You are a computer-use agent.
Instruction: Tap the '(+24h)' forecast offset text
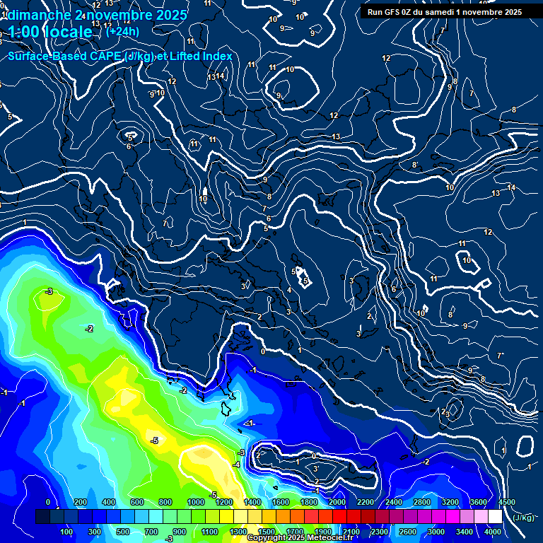122,31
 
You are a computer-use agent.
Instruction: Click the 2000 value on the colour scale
337,502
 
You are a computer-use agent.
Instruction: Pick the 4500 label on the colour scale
506,502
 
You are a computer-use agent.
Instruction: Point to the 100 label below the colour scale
66,531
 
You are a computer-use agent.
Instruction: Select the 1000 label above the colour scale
196,502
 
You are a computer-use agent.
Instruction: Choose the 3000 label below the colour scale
436,531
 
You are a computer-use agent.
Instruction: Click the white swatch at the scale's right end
494,517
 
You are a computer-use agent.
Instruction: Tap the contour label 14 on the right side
511,187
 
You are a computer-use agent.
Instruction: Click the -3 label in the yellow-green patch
49,291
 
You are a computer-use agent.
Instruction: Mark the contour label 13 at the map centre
336,136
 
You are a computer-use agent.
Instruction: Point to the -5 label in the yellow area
154,440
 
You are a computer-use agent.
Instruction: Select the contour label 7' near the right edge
500,355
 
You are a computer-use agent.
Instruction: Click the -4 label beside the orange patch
237,465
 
